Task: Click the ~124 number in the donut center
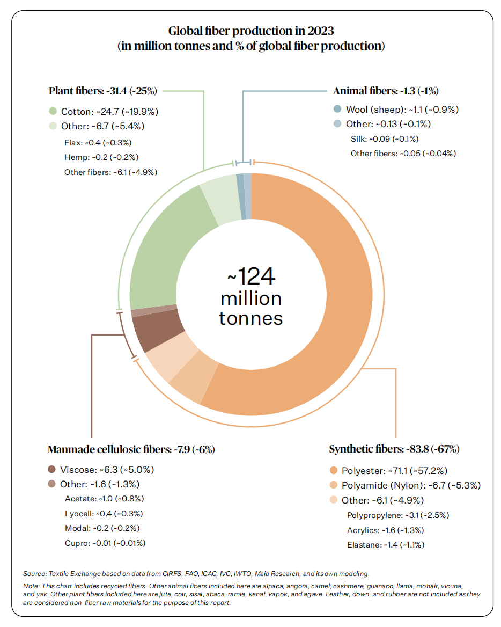coord(251,276)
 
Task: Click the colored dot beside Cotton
coord(53,111)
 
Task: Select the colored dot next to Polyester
coord(334,470)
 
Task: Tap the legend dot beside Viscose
coord(51,469)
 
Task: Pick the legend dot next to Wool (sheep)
coord(337,109)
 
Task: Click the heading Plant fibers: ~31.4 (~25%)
coord(102,91)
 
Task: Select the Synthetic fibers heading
coord(394,449)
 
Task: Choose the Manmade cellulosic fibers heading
coord(131,449)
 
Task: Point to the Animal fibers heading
coord(386,91)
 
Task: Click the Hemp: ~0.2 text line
coord(101,157)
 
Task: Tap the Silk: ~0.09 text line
coord(385,138)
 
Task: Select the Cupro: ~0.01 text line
coord(105,543)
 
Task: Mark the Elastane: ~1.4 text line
coord(386,545)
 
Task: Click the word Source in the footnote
coord(34,573)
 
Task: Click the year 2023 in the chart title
coord(320,31)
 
